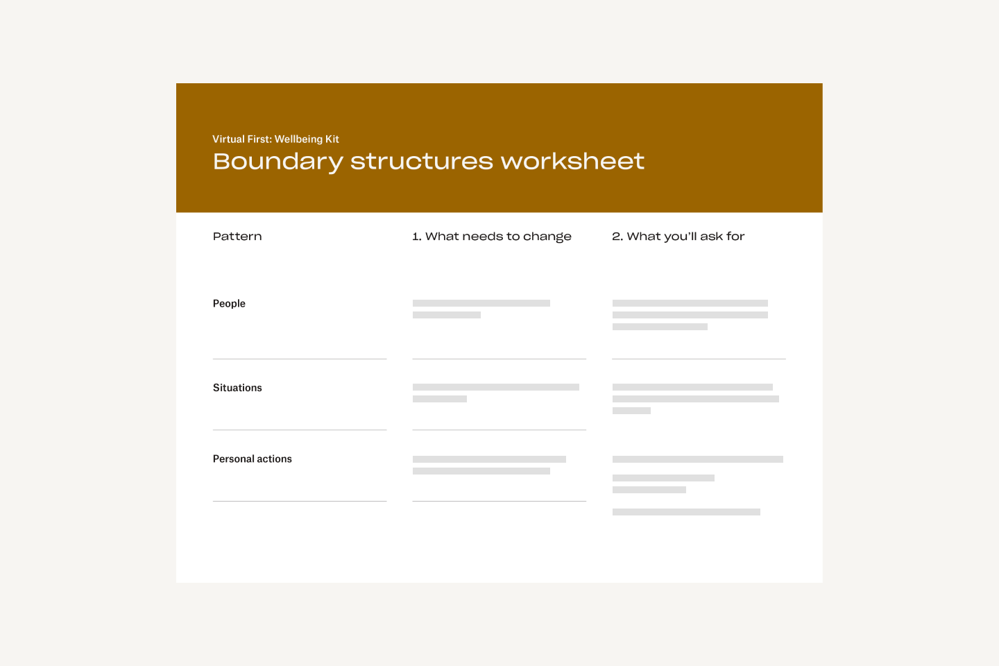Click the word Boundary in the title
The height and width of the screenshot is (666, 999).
[277, 162]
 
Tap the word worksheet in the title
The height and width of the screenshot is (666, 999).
[572, 161]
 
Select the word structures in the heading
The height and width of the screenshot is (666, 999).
[421, 161]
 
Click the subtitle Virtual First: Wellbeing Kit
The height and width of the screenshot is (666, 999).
[275, 139]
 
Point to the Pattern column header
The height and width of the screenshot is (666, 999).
[237, 237]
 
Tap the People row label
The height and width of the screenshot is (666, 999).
[229, 303]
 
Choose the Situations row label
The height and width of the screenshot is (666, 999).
[237, 388]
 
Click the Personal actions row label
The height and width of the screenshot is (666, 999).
[252, 459]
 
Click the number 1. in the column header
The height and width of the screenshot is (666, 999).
[416, 237]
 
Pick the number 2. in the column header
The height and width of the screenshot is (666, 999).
[617, 237]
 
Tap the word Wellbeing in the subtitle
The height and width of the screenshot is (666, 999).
[298, 139]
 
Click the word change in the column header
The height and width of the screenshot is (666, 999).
[547, 237]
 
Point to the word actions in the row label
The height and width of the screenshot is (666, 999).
[274, 459]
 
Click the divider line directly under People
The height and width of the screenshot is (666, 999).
[299, 359]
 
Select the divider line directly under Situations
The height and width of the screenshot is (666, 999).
[299, 429]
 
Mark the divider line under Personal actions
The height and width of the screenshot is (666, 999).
[299, 501]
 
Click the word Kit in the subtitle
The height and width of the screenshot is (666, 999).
[332, 139]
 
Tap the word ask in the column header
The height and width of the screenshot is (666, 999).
[711, 237]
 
